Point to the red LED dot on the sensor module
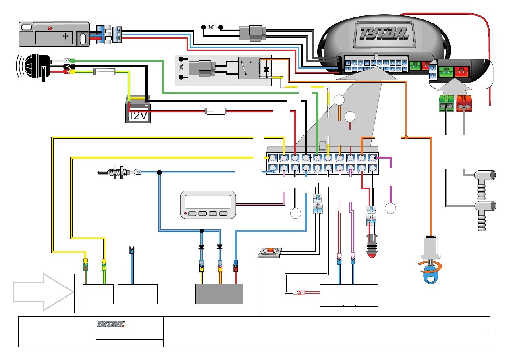pos(50,28)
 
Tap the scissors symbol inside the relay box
pos(181,67)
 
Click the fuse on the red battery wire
pos(216,110)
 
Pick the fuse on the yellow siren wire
pos(104,72)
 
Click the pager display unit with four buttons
pos(208,205)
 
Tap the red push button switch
pos(270,252)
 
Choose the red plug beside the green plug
pos(464,104)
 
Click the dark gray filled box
pos(219,293)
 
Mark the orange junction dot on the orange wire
pos(406,138)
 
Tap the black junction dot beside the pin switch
pos(159,173)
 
